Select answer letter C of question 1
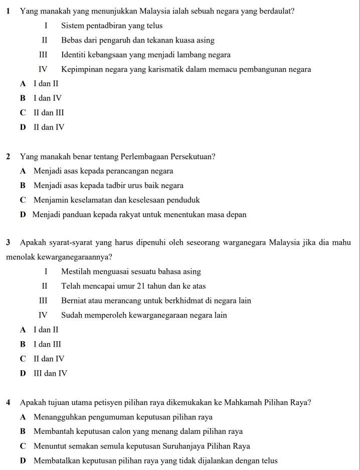(23, 113)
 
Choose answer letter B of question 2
(23, 185)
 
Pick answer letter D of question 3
(23, 373)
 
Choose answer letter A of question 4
(23, 417)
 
